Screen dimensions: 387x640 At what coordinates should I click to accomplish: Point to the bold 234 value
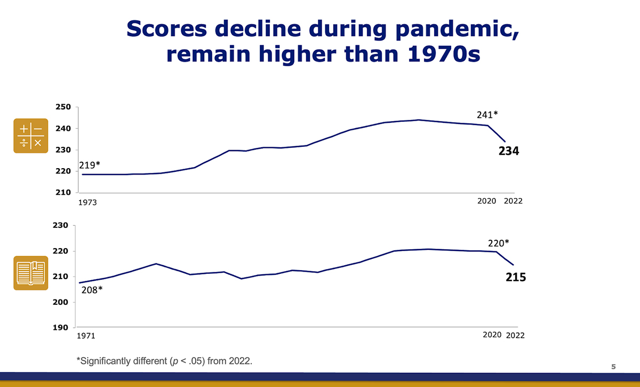point(509,152)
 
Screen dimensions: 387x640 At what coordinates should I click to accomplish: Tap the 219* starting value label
point(90,165)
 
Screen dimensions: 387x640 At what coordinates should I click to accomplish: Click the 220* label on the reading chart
point(498,243)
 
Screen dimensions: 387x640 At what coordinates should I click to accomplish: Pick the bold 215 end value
point(516,278)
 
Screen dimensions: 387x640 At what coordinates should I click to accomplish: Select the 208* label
point(91,291)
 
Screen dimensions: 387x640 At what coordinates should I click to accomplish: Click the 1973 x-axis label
point(90,203)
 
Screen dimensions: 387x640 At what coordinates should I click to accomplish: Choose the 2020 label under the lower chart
point(492,335)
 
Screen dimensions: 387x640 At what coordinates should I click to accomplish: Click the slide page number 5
point(613,366)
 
